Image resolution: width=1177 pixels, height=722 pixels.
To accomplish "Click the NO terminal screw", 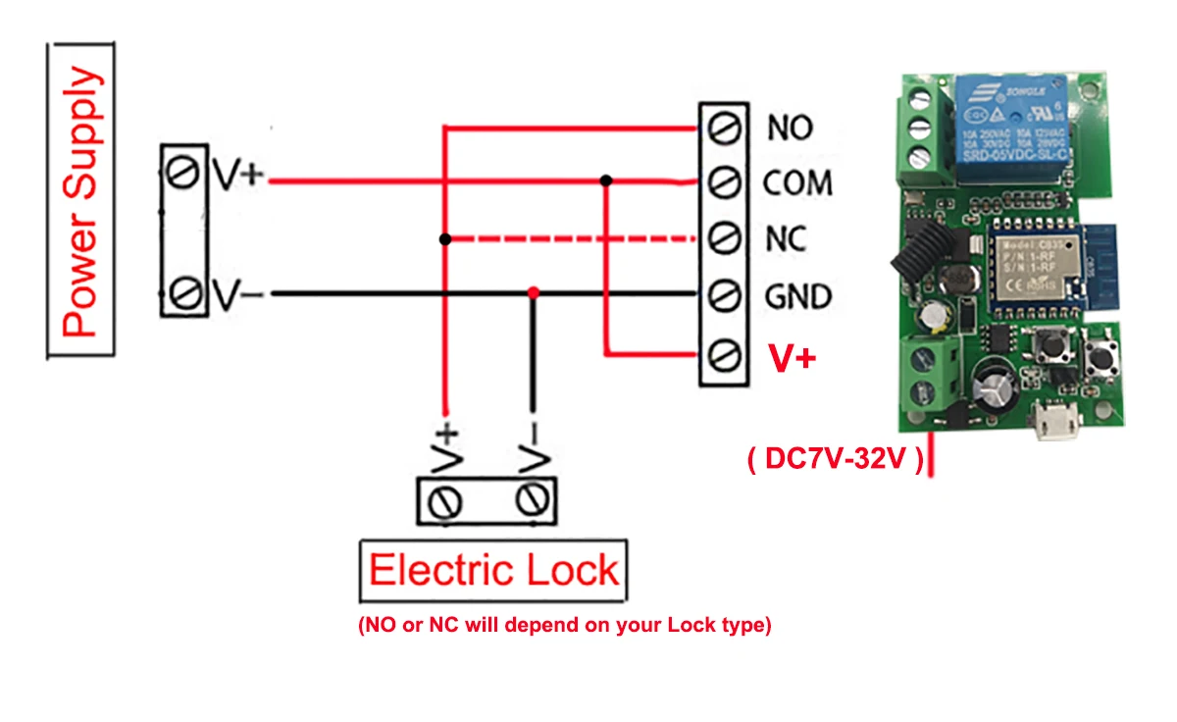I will [x=724, y=126].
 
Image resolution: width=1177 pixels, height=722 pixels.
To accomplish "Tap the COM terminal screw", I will [x=724, y=182].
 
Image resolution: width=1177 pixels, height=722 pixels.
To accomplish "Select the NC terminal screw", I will [x=724, y=238].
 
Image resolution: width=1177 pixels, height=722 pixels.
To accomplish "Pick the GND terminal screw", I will [x=724, y=295].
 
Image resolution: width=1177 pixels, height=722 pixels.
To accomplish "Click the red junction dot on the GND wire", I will [x=533, y=293].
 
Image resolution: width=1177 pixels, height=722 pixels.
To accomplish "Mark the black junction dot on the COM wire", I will [x=607, y=180].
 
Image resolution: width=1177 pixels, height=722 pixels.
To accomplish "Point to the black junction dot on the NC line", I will [x=445, y=238].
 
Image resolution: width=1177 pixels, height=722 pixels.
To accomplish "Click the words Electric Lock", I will [x=493, y=571].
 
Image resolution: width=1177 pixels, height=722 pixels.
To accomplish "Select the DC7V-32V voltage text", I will [x=835, y=460].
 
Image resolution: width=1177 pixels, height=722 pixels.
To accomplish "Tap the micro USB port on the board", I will [x=1057, y=424].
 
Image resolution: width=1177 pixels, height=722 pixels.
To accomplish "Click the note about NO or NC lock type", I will [x=565, y=625].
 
